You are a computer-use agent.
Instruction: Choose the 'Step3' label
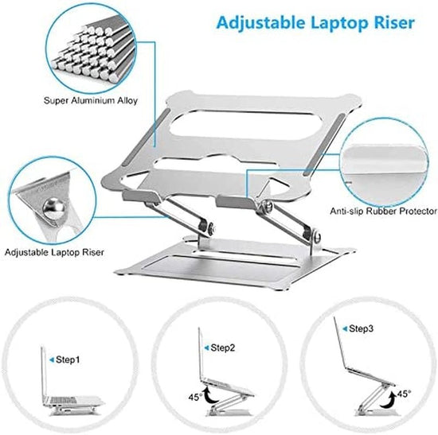tap(363, 327)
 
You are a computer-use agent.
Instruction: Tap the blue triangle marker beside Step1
tap(50, 360)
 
